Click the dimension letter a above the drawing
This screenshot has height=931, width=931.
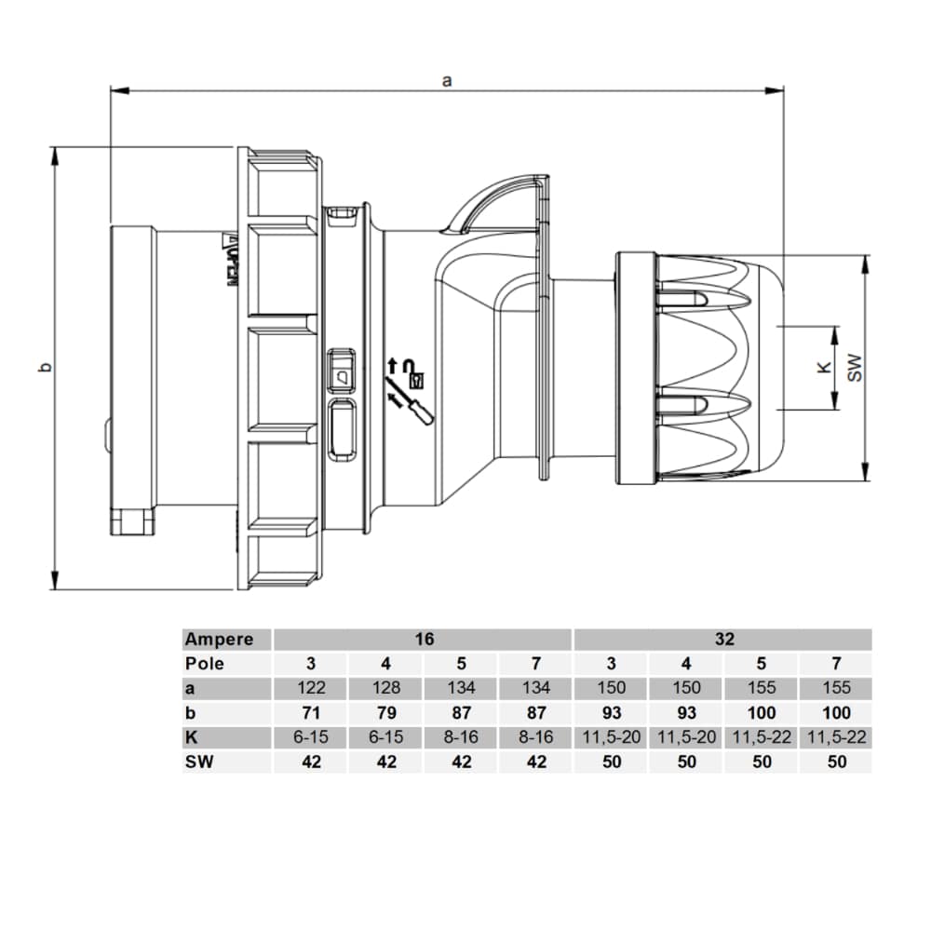(447, 80)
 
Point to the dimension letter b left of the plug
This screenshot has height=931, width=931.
(44, 369)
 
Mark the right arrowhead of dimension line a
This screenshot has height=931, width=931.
(775, 90)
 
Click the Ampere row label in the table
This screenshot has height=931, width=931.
(219, 640)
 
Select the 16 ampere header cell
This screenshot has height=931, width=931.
(424, 640)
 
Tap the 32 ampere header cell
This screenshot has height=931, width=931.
(724, 640)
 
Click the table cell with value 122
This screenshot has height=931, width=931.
(310, 689)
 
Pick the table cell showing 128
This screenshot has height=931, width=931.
(385, 689)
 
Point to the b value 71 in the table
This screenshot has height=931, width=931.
(310, 713)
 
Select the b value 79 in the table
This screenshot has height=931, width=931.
(385, 713)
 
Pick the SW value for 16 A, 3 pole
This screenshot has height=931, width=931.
(310, 762)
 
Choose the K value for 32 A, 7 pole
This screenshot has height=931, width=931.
(836, 737)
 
